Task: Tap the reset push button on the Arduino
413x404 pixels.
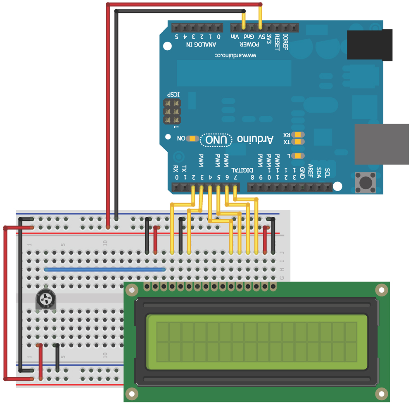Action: coord(366,182)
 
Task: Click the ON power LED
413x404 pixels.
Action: coord(193,139)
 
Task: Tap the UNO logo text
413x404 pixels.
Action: coord(216,140)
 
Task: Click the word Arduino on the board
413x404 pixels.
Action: coord(256,139)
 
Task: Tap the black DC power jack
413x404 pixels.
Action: coord(370,45)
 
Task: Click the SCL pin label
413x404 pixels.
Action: coord(328,171)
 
